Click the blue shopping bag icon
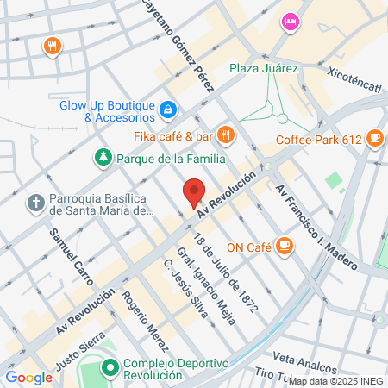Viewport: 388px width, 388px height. point(167,110)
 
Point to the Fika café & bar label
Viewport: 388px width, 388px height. point(173,135)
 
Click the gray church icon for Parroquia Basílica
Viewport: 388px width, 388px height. point(34,203)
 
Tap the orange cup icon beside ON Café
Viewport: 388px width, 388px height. point(284,247)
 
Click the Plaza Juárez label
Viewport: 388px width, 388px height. point(263,68)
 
